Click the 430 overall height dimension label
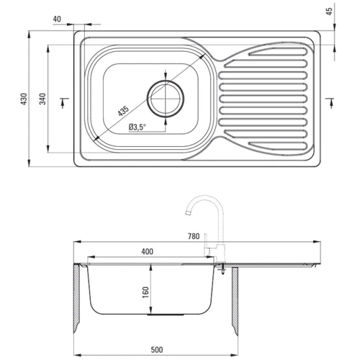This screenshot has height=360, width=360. coord(24,99)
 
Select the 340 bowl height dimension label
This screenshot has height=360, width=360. coord(42,99)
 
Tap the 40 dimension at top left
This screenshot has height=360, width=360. coord(57,19)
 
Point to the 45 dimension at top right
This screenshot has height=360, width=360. coord(330,12)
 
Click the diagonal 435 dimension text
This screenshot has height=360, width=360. coord(123,111)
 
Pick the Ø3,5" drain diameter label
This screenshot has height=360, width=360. coord(138,127)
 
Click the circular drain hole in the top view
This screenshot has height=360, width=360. coord(166,99)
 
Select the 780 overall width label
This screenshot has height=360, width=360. coord(194,236)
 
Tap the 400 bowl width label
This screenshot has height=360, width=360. coord(147,251)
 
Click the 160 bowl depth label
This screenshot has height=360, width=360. coord(145,292)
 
